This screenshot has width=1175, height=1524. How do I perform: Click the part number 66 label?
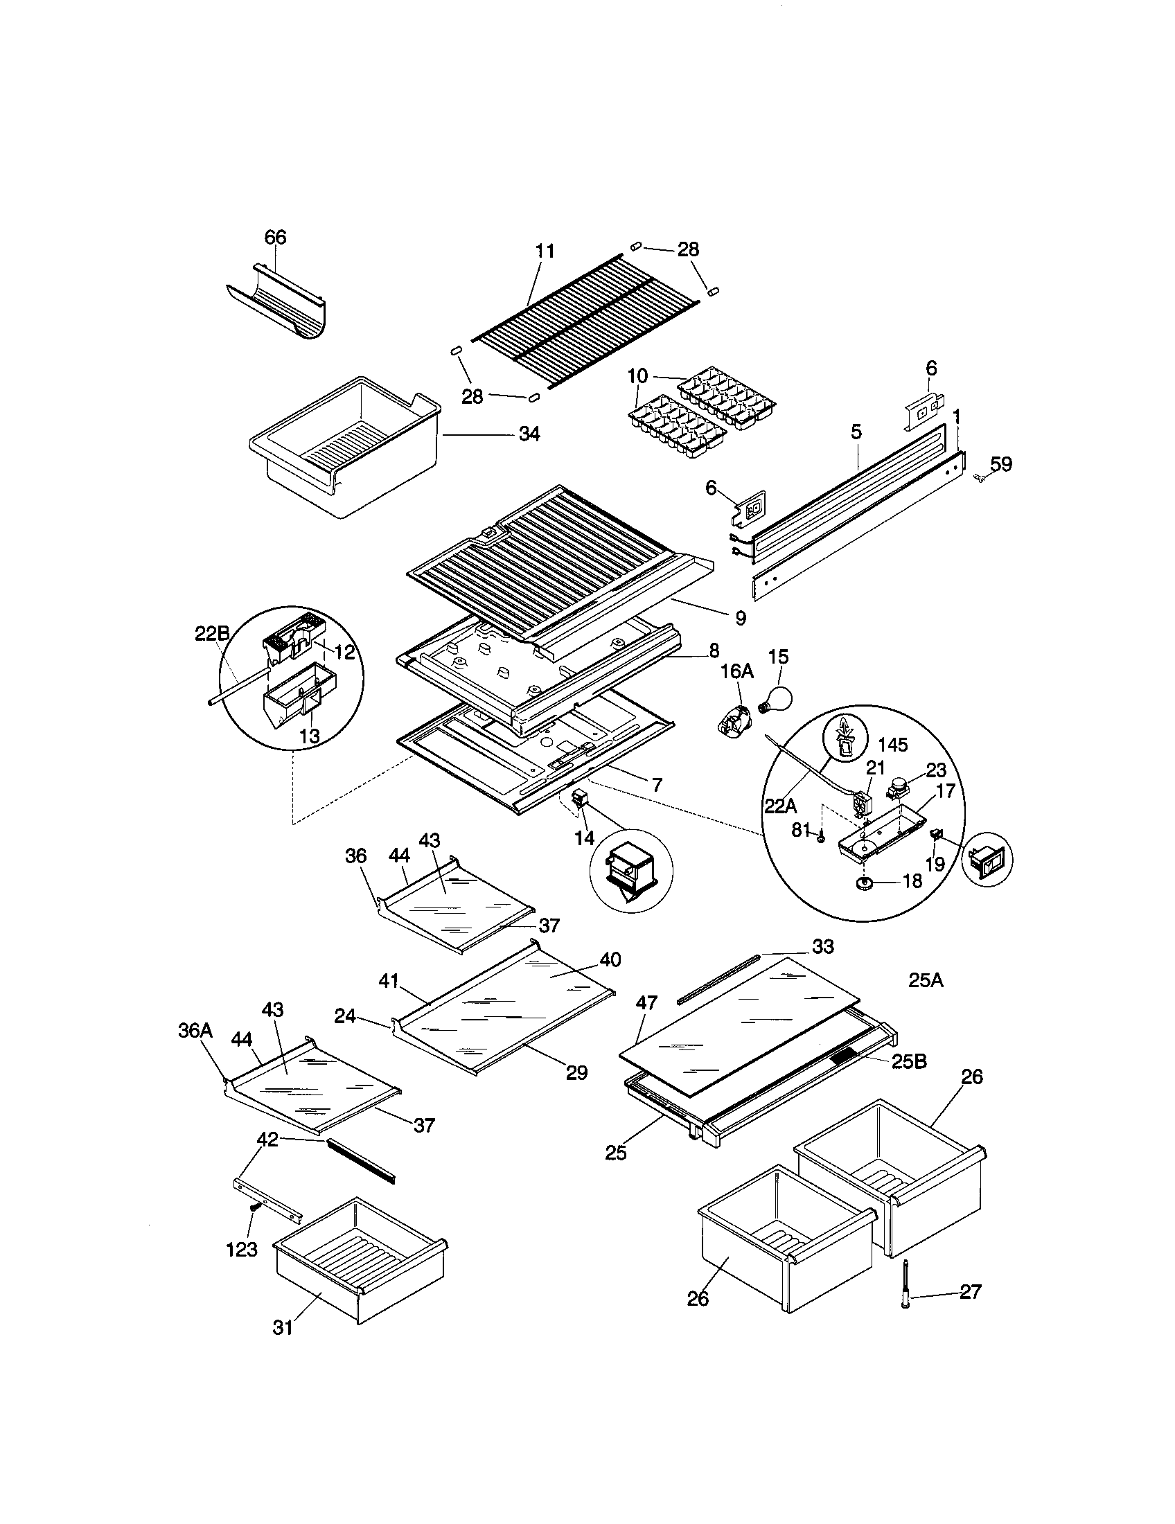[x=275, y=237]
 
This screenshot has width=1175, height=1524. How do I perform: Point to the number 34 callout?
[x=529, y=434]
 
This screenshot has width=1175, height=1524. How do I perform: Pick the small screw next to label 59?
[x=978, y=477]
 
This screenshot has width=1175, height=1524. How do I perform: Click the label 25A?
[x=926, y=980]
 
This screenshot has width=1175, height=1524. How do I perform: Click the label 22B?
[x=211, y=634]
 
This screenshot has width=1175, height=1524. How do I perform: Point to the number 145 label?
[x=893, y=745]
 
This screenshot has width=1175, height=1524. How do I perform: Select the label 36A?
[x=195, y=1031]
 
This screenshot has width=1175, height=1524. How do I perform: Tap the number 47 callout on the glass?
[x=647, y=1004]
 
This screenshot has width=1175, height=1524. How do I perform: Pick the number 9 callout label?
[x=741, y=617]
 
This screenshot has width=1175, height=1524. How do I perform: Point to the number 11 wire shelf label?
[x=545, y=251]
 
